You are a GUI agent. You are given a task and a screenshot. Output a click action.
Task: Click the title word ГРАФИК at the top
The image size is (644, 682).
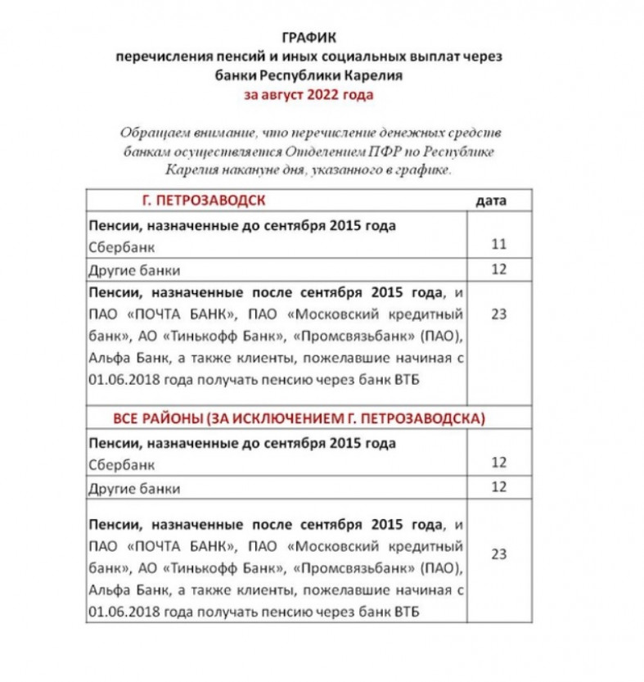(308, 38)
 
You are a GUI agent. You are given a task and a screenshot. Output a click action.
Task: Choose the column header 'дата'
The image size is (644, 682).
(491, 200)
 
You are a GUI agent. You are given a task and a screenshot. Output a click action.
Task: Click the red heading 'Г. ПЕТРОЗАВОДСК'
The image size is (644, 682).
(204, 200)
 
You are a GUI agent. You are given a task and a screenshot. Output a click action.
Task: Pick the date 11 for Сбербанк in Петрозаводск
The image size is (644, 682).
(498, 243)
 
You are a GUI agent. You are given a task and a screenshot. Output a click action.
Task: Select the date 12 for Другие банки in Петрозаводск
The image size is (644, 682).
(498, 269)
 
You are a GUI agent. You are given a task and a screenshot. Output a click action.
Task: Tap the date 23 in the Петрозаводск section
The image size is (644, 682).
(498, 313)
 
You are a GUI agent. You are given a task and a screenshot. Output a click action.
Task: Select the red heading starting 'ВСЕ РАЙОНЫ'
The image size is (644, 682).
(299, 418)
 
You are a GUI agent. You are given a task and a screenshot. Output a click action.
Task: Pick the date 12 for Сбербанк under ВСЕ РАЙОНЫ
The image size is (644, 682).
(498, 463)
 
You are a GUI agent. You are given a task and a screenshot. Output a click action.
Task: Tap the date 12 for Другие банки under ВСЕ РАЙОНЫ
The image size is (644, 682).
(498, 488)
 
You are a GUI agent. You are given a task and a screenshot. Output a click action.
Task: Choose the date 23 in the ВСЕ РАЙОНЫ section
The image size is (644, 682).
(498, 554)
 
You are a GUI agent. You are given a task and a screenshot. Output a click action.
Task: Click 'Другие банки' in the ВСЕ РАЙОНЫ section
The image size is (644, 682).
(133, 489)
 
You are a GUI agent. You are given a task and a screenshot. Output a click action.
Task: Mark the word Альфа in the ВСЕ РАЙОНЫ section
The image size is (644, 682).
(106, 590)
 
